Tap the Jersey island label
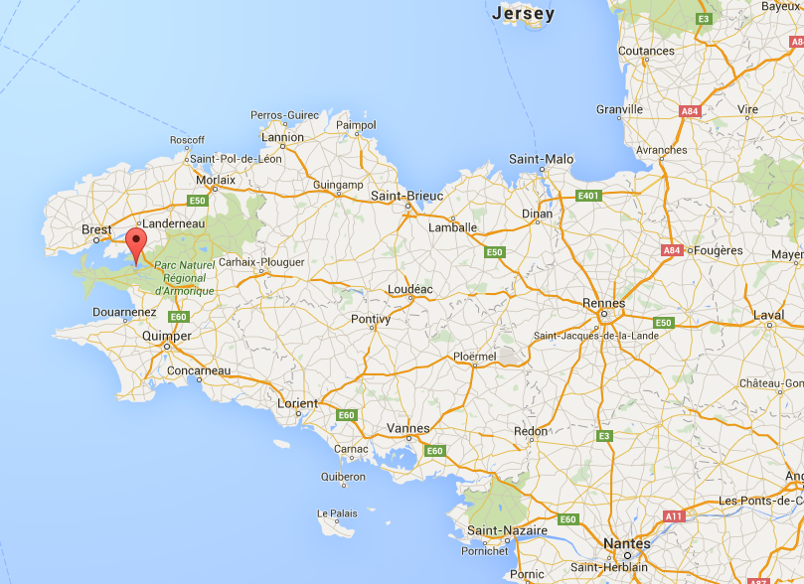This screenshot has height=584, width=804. point(523,14)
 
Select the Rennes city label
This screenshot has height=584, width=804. point(605,303)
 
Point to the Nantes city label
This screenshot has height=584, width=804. point(626,544)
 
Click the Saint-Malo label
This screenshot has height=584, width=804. point(541,159)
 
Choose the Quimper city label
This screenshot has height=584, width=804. point(167,336)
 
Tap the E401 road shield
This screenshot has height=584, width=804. point(589,196)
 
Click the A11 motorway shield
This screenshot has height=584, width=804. point(675,515)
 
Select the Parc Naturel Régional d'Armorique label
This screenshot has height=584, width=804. point(185,278)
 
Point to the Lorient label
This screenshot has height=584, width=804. point(297,403)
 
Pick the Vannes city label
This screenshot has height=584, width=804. point(407,429)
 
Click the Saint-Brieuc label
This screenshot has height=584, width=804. point(405,196)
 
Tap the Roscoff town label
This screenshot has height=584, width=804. point(187,141)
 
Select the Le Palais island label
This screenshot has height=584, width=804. point(337,513)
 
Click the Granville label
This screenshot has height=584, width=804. point(619,109)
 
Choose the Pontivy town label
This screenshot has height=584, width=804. point(371,319)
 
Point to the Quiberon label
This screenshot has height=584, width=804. point(343,477)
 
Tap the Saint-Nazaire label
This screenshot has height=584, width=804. point(507,531)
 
